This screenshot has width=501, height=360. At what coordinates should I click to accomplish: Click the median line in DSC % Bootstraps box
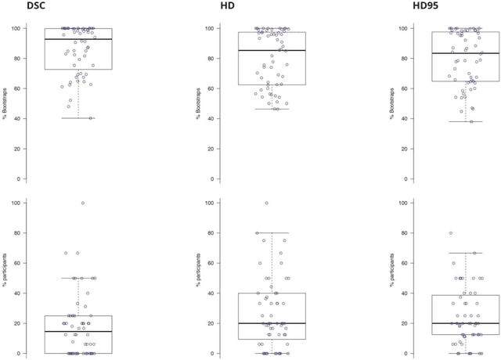tap(78, 39)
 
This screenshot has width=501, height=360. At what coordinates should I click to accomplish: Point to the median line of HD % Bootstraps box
tap(272, 50)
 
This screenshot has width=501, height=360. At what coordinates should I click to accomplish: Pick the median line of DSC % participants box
tap(78, 331)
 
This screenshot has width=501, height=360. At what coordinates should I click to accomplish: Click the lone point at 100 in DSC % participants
tap(83, 203)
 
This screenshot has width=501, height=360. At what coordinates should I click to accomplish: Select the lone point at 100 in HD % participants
tap(266, 203)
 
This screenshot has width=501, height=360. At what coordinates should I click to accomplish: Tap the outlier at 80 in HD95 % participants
tap(451, 233)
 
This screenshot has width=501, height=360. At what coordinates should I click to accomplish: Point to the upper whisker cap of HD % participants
tap(272, 232)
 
